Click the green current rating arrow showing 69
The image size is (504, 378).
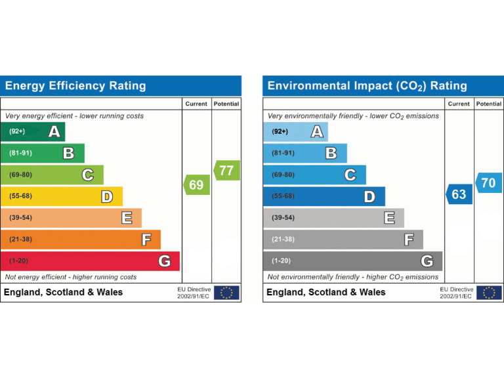click(x=196, y=185)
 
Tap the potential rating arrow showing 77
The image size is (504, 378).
click(x=226, y=171)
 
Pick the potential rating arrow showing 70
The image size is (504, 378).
click(x=488, y=183)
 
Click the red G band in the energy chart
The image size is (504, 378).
click(x=90, y=261)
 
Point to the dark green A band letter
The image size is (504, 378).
click(x=54, y=132)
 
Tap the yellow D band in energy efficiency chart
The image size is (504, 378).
click(x=61, y=196)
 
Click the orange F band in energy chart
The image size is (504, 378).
click(x=80, y=240)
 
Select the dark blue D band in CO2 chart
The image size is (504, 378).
click(x=324, y=196)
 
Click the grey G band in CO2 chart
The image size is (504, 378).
click(x=352, y=261)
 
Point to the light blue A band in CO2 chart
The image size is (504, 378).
click(x=295, y=132)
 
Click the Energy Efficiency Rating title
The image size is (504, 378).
click(x=75, y=86)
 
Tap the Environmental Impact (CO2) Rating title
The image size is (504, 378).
click(x=367, y=86)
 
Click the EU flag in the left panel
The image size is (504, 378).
click(x=226, y=293)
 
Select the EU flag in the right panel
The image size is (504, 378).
click(x=489, y=293)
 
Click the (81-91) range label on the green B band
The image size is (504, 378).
click(x=21, y=154)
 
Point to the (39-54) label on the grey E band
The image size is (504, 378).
click(x=283, y=218)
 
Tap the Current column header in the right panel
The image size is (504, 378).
click(x=459, y=104)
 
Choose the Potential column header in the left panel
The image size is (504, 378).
click(x=226, y=104)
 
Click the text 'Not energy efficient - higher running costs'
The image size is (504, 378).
click(x=71, y=277)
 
